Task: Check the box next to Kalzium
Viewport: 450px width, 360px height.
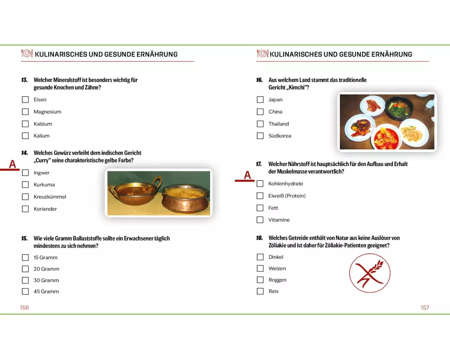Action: tap(25, 124)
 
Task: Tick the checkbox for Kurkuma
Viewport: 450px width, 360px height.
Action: tap(25, 184)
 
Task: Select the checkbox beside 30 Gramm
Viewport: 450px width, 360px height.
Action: tap(25, 280)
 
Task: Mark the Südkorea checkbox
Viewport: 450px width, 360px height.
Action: tap(260, 136)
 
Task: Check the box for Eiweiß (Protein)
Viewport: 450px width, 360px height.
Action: tap(260, 196)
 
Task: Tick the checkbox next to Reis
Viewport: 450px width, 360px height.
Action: tap(260, 291)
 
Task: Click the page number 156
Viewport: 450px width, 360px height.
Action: tap(24, 308)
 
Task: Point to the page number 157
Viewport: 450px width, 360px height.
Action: tap(425, 308)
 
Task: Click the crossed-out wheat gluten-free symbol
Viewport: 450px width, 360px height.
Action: tap(369, 273)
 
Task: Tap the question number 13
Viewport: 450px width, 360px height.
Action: tap(24, 80)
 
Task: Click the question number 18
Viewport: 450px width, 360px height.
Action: tap(260, 238)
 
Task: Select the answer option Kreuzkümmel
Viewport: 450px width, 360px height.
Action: tap(49, 197)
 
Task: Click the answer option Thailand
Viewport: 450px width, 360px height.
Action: tap(279, 124)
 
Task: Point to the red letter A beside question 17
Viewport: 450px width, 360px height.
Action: tap(247, 175)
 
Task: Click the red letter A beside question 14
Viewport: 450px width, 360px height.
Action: tap(12, 164)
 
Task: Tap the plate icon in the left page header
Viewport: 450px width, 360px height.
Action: tap(27, 54)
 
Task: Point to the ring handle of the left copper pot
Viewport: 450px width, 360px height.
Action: tap(157, 182)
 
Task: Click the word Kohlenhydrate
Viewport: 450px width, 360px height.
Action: tap(286, 184)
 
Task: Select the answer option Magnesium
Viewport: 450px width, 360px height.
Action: tap(47, 112)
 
